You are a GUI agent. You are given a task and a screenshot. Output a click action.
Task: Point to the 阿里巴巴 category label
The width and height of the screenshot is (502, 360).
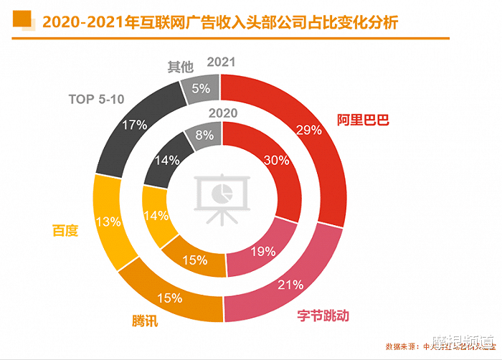click(x=363, y=120)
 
